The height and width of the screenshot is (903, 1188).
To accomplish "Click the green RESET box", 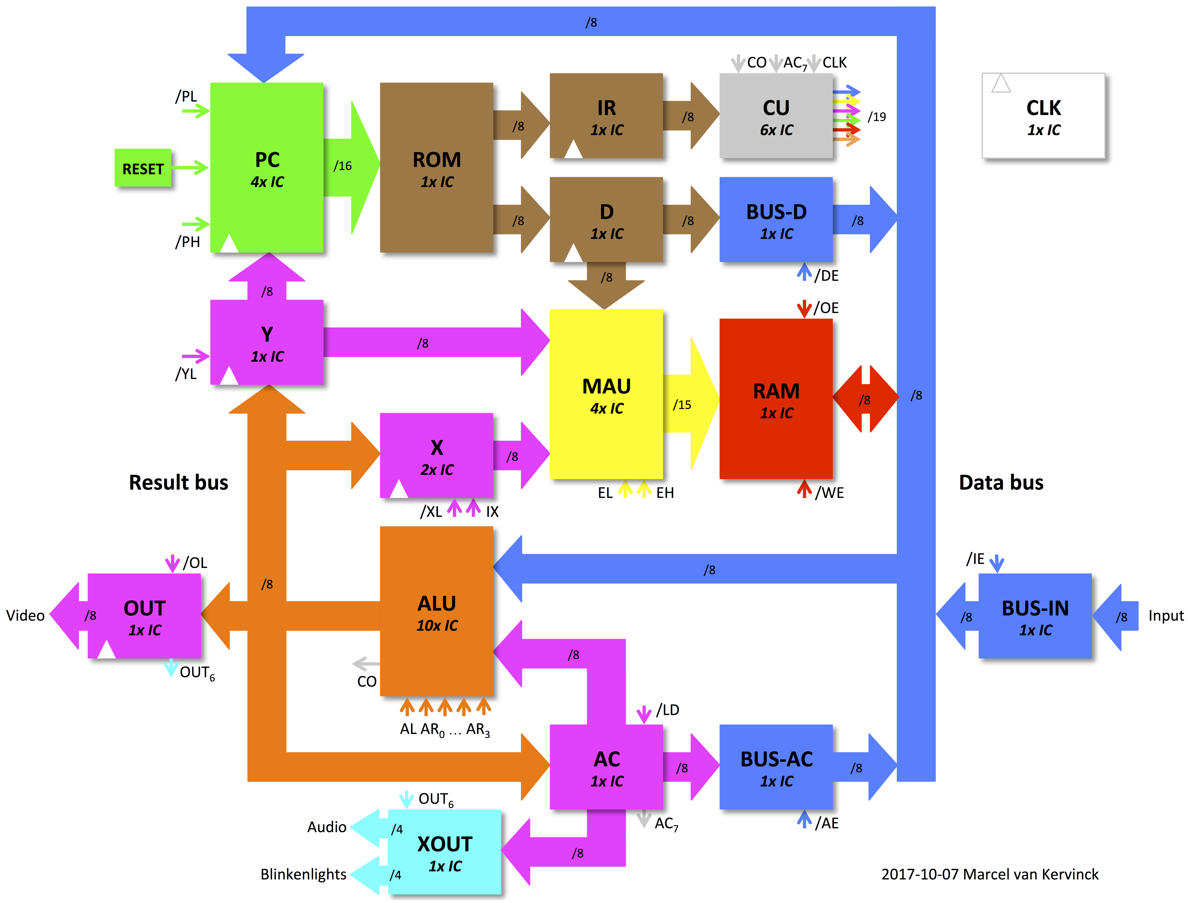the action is coord(143,168).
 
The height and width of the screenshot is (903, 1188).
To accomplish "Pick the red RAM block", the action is coord(776,399).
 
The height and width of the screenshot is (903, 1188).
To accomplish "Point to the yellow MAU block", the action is coord(606,394).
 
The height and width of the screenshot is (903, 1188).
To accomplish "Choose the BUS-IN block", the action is coord(1035,616).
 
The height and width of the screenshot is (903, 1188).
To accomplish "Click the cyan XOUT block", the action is coord(445,852).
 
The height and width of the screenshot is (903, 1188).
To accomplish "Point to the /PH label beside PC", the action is coord(187,242).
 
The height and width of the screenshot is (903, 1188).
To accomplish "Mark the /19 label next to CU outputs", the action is coord(877,117).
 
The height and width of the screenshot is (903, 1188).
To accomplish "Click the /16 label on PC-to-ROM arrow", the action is coord(343,166).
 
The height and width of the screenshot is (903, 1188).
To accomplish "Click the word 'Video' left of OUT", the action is coord(25,615).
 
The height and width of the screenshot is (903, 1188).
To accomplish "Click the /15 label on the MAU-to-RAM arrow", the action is coord(682,405).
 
